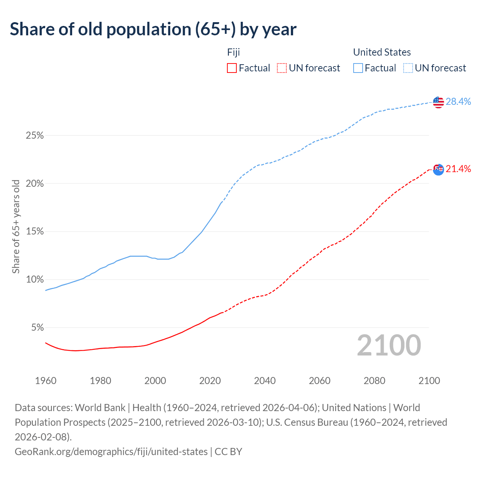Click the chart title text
tap(153, 29)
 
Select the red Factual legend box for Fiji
tap(232, 68)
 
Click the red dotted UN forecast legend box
tap(282, 68)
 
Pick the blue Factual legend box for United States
tap(358, 68)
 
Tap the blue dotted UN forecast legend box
tap(408, 68)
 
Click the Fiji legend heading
tap(233, 52)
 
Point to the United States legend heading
tap(382, 52)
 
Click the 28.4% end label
tap(458, 101)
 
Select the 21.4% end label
tap(458, 169)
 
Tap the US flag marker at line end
tap(438, 102)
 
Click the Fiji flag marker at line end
tap(438, 169)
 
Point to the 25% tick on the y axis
tap(35, 135)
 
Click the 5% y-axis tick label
tap(37, 328)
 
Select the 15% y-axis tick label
tap(35, 231)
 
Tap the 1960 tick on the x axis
tap(45, 381)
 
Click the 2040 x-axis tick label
tap(265, 381)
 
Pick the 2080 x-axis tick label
tap(375, 381)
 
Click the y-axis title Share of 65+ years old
tap(16, 227)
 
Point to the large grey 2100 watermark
tap(389, 345)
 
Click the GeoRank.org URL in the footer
tap(111, 451)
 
